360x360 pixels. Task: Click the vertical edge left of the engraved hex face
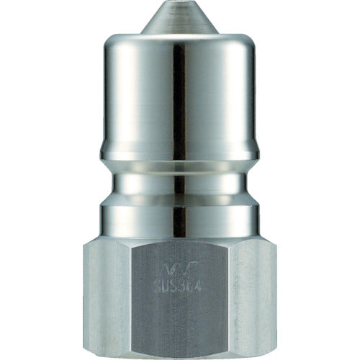coord(143,302)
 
